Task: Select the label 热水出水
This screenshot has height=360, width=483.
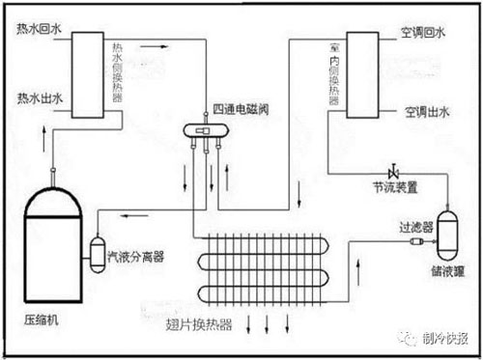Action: pyautogui.click(x=37, y=97)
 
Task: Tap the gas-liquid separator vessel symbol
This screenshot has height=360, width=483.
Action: pyautogui.click(x=99, y=252)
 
